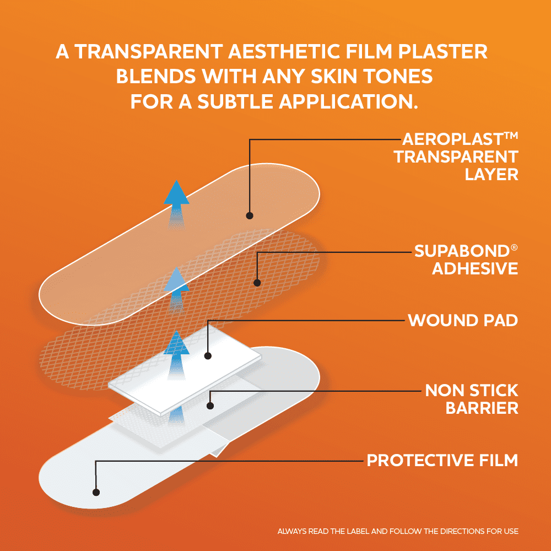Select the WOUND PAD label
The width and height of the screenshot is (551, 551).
point(463,320)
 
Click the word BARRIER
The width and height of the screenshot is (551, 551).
point(482,408)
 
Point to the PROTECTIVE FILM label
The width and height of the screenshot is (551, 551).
point(442,460)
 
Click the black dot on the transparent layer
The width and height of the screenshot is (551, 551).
point(249,215)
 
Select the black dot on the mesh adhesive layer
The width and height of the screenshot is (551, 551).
point(257,283)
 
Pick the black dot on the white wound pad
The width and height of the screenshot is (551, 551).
point(208,356)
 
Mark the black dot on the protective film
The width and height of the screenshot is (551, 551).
point(96,492)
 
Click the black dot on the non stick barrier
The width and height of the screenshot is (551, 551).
point(210,406)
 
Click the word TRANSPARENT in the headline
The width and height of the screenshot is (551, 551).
point(140,52)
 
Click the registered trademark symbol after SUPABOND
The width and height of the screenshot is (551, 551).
point(514,247)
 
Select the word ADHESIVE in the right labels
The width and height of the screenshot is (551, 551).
point(475,269)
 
